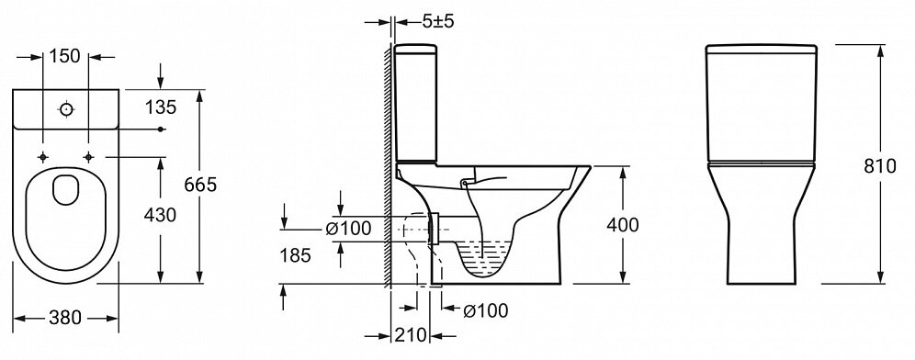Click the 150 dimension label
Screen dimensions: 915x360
pos(65,57)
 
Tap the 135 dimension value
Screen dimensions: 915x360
pos(161,107)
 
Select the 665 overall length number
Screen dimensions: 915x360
pos(200,185)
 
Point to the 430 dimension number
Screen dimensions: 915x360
pos(160,215)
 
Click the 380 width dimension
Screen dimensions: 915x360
pos(65,318)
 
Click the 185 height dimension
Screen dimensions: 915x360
pos(294,255)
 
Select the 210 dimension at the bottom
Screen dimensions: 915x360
pos(411,335)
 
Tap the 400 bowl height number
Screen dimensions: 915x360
pos(623,225)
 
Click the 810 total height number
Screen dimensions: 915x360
pos(879,166)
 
